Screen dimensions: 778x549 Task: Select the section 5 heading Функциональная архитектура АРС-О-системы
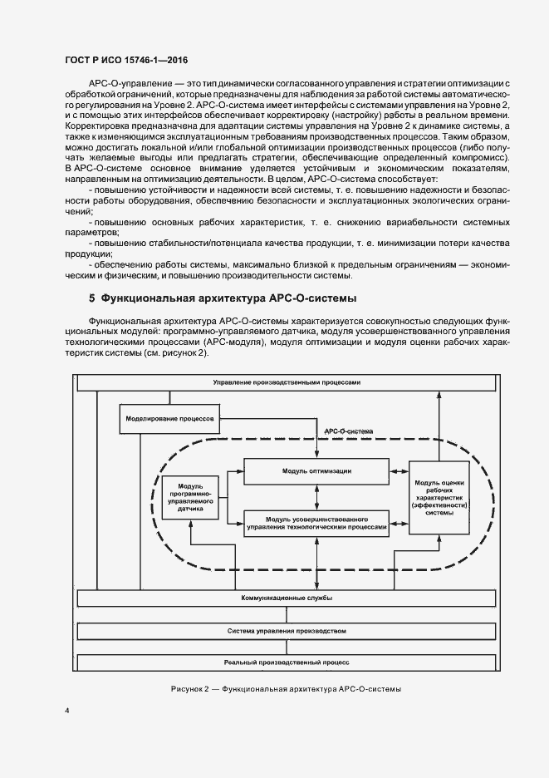tap(222, 298)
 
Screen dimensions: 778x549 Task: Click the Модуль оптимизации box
tap(316, 470)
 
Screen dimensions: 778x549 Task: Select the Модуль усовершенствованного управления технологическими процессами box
tap(316, 522)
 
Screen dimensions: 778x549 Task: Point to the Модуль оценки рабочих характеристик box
tap(439, 497)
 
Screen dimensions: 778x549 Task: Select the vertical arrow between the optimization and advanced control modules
tap(316, 496)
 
